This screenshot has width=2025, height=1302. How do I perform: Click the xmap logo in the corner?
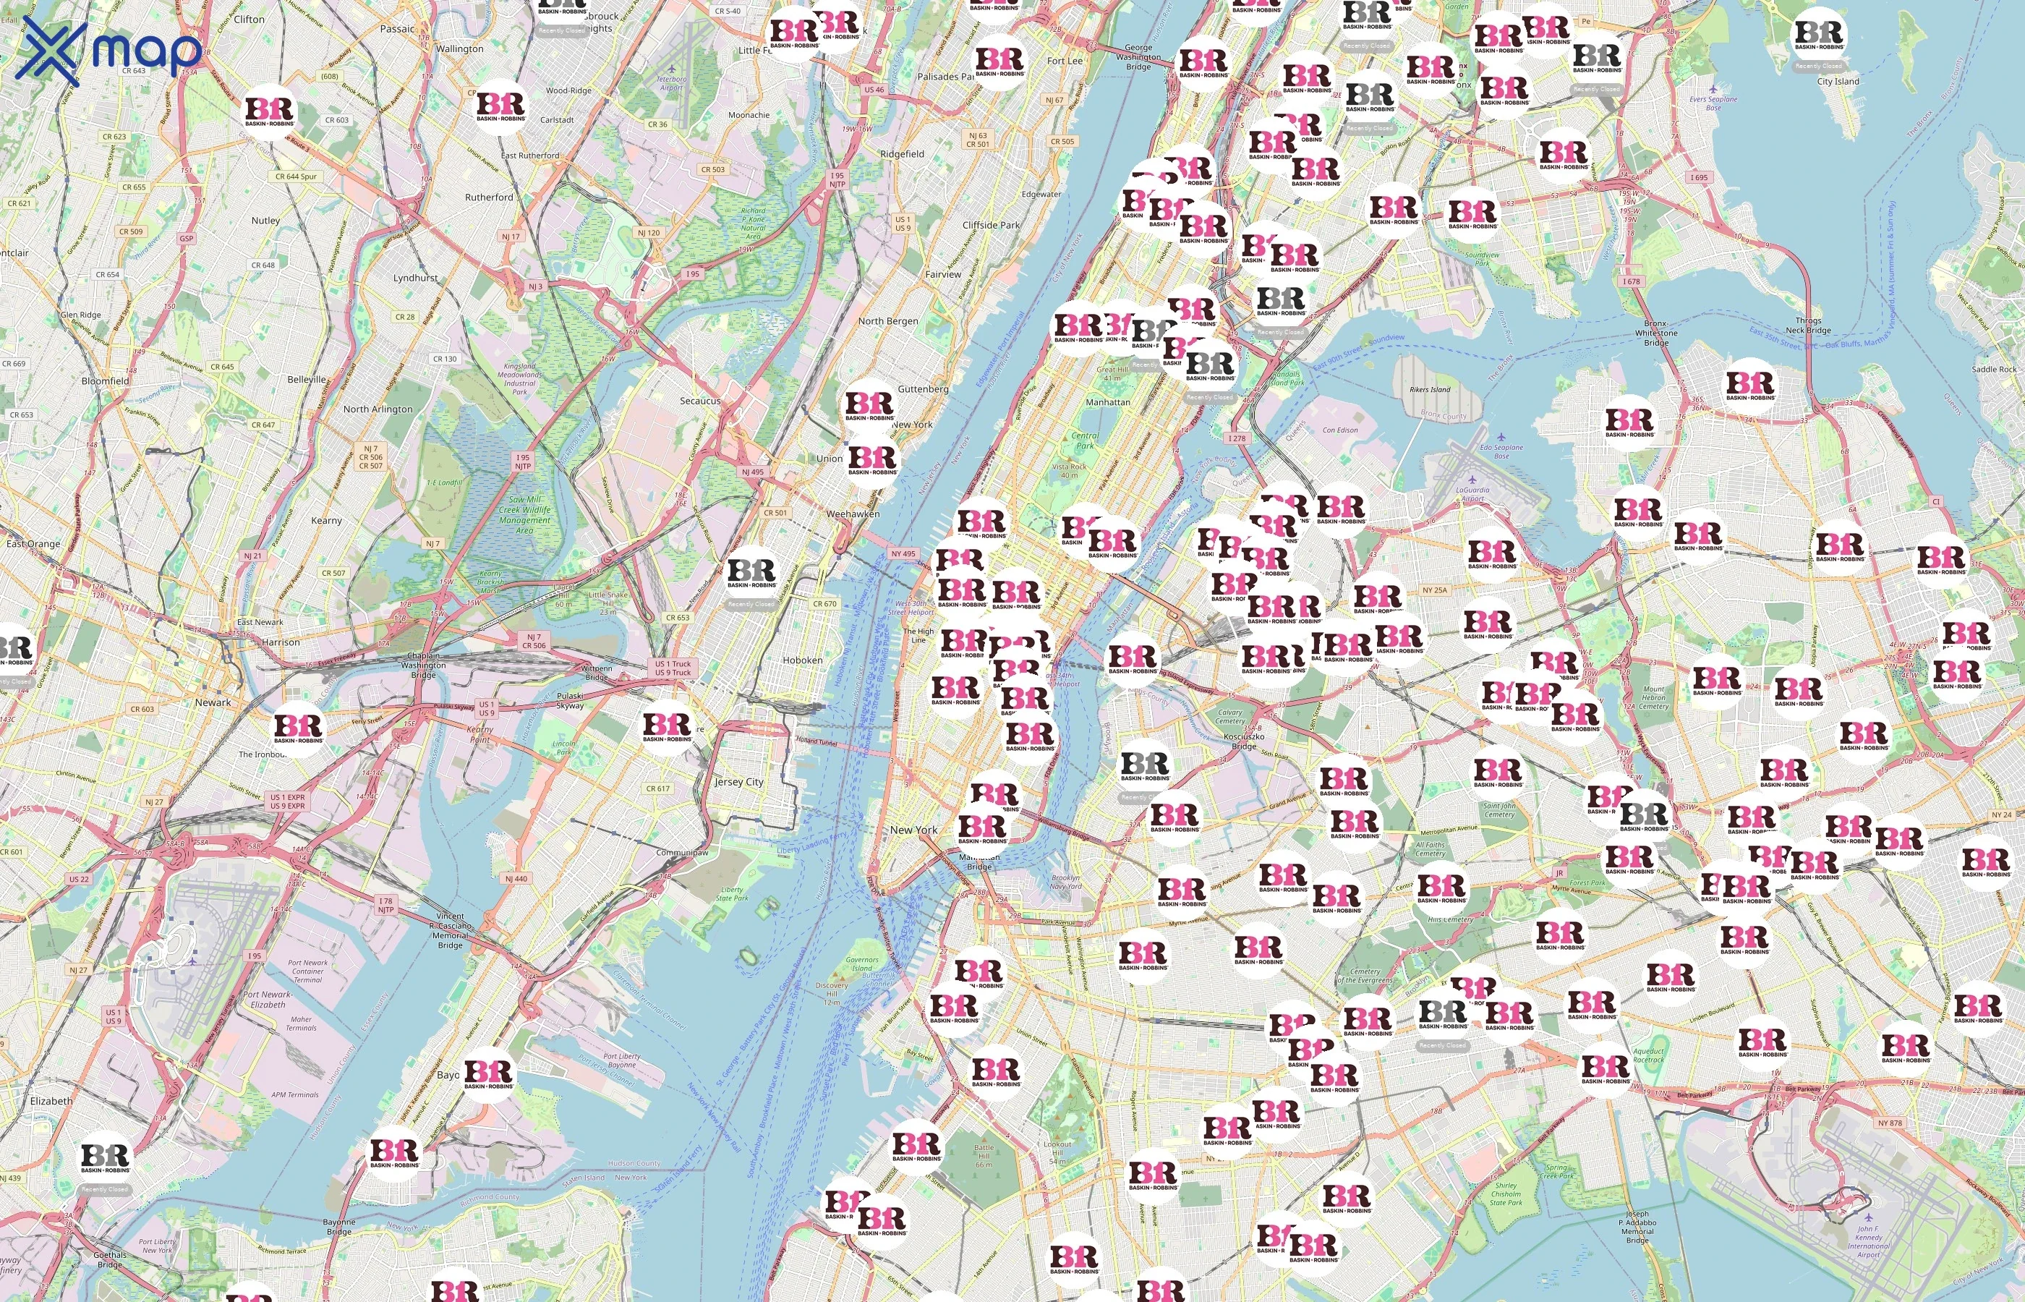108,51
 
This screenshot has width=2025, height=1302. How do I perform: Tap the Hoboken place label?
802,660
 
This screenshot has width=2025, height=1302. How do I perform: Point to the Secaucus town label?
700,401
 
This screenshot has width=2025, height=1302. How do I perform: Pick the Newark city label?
212,702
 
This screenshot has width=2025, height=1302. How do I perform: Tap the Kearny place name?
326,521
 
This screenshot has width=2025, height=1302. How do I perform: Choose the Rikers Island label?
1430,390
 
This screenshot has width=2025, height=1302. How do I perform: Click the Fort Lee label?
1064,61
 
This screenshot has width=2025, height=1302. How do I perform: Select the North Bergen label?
887,321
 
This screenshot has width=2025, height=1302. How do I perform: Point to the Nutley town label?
265,221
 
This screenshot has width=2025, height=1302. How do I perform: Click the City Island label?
1838,82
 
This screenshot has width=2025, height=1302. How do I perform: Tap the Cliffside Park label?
991,226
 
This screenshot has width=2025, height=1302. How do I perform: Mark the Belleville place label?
306,380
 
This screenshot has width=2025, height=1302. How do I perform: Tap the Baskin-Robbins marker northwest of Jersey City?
667,727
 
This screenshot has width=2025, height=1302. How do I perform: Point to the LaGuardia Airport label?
1472,494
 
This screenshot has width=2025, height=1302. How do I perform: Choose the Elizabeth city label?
51,1101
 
